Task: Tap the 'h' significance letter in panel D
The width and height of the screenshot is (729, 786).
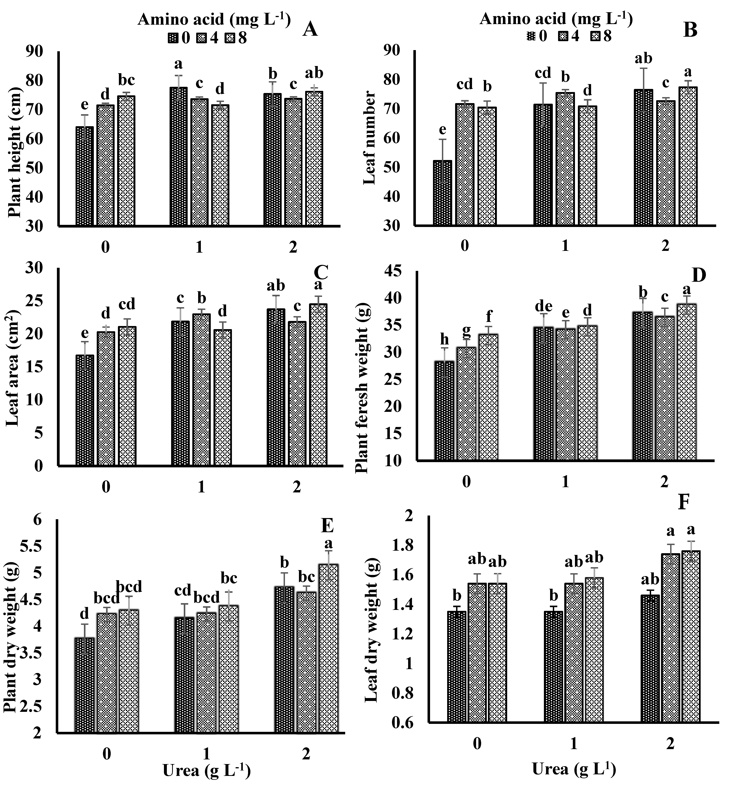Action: pos(444,339)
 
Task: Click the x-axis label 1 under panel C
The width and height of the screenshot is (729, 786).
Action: pos(201,487)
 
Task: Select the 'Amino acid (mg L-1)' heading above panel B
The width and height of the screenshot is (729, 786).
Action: pos(556,19)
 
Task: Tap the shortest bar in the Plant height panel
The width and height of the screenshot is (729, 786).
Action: pos(85,176)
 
